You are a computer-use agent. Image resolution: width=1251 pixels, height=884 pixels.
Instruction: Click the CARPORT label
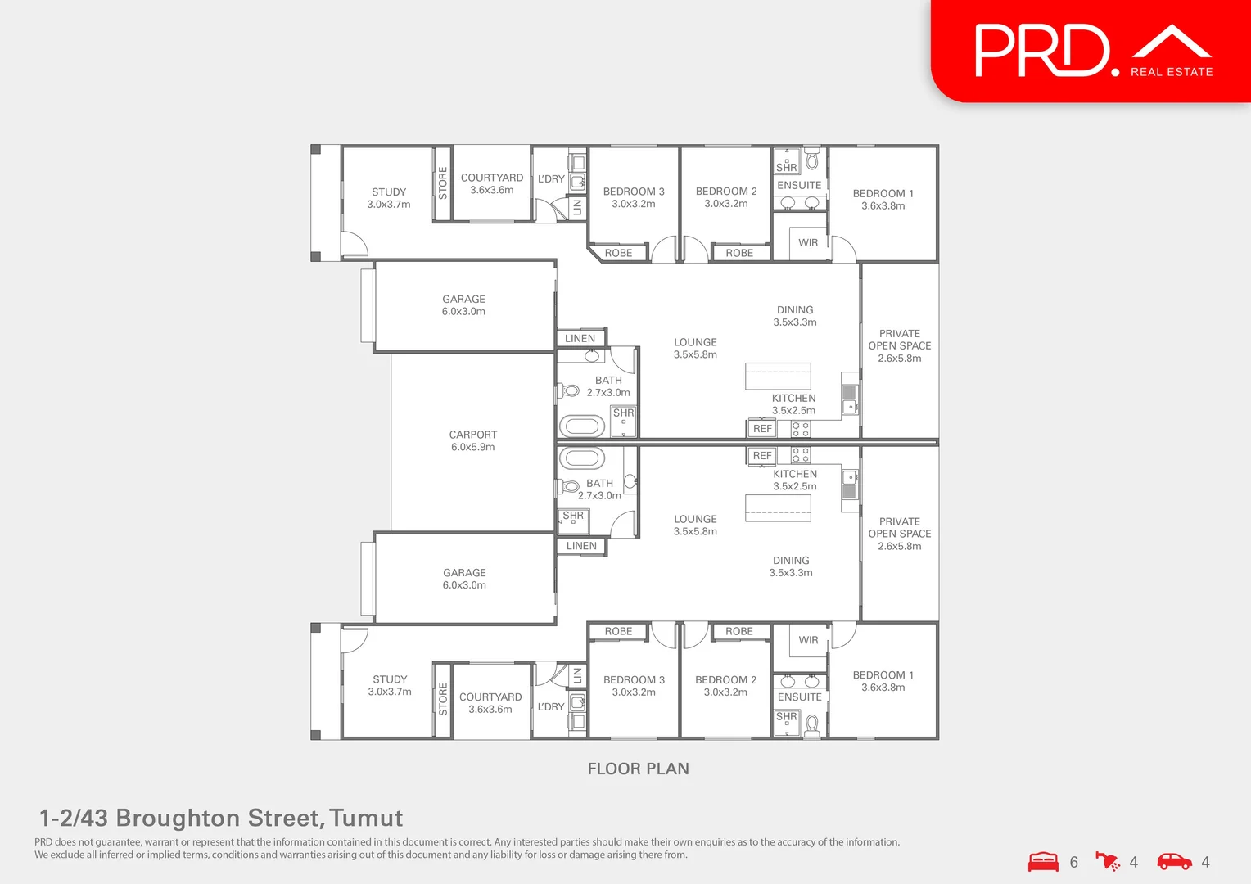(x=473, y=435)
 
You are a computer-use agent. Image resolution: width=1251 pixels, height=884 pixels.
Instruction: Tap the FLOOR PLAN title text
(x=639, y=769)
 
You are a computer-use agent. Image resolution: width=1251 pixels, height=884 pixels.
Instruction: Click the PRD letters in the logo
(x=1041, y=51)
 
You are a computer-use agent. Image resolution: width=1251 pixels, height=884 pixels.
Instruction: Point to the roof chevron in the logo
(x=1172, y=40)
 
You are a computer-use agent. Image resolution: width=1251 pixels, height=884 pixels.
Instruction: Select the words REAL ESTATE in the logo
(x=1172, y=72)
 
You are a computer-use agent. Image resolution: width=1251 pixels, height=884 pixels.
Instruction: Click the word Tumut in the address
(x=366, y=818)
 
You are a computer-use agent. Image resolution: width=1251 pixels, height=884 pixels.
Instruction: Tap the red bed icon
(x=1043, y=862)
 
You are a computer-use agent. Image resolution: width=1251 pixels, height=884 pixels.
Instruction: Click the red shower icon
(x=1108, y=862)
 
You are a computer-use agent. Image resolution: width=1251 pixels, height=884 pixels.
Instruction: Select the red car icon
(x=1174, y=862)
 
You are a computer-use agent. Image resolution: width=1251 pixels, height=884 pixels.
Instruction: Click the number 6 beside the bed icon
(x=1074, y=862)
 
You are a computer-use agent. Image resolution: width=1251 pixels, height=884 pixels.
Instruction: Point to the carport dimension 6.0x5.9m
(x=473, y=447)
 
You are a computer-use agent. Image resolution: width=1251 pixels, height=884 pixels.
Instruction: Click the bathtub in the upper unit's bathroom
(x=581, y=426)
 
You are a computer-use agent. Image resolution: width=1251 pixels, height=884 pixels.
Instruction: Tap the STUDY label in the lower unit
(x=390, y=679)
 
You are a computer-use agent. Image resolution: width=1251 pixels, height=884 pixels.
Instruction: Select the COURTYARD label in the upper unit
(x=491, y=178)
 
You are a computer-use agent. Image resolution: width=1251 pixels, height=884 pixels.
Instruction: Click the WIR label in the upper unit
(x=808, y=242)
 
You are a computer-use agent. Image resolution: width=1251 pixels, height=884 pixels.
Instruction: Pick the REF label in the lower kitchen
(x=762, y=456)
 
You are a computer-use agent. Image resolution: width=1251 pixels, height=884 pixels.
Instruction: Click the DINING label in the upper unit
(x=795, y=310)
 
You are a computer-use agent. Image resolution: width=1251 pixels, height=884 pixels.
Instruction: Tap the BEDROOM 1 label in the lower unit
(x=883, y=675)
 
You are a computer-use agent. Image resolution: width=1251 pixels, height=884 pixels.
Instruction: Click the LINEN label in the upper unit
(x=580, y=338)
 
